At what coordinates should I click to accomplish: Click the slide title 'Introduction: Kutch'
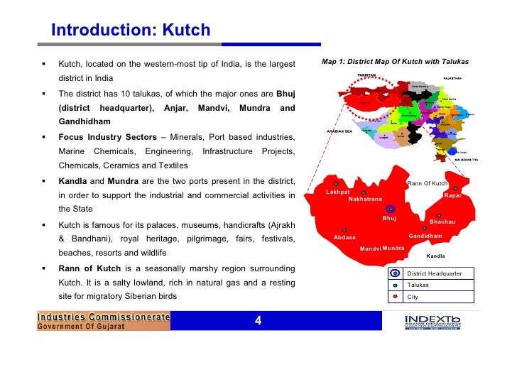point(131,30)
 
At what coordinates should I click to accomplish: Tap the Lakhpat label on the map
point(338,192)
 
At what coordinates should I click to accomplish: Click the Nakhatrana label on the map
point(365,200)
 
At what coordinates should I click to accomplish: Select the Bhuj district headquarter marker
point(390,209)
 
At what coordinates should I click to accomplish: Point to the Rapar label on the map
point(452,195)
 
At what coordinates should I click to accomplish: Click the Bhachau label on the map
point(442,222)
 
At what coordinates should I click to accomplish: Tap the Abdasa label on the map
point(344,237)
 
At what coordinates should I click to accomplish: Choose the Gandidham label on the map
point(425,236)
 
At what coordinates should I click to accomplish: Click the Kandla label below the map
point(435,256)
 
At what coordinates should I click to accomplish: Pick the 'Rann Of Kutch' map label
point(427,184)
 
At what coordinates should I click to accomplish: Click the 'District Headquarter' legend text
point(434,273)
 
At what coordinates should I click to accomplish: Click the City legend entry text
point(413,296)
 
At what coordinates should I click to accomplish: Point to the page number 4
point(258,321)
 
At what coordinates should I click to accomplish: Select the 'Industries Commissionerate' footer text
point(104,317)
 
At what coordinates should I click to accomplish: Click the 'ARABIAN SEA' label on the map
point(340,131)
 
